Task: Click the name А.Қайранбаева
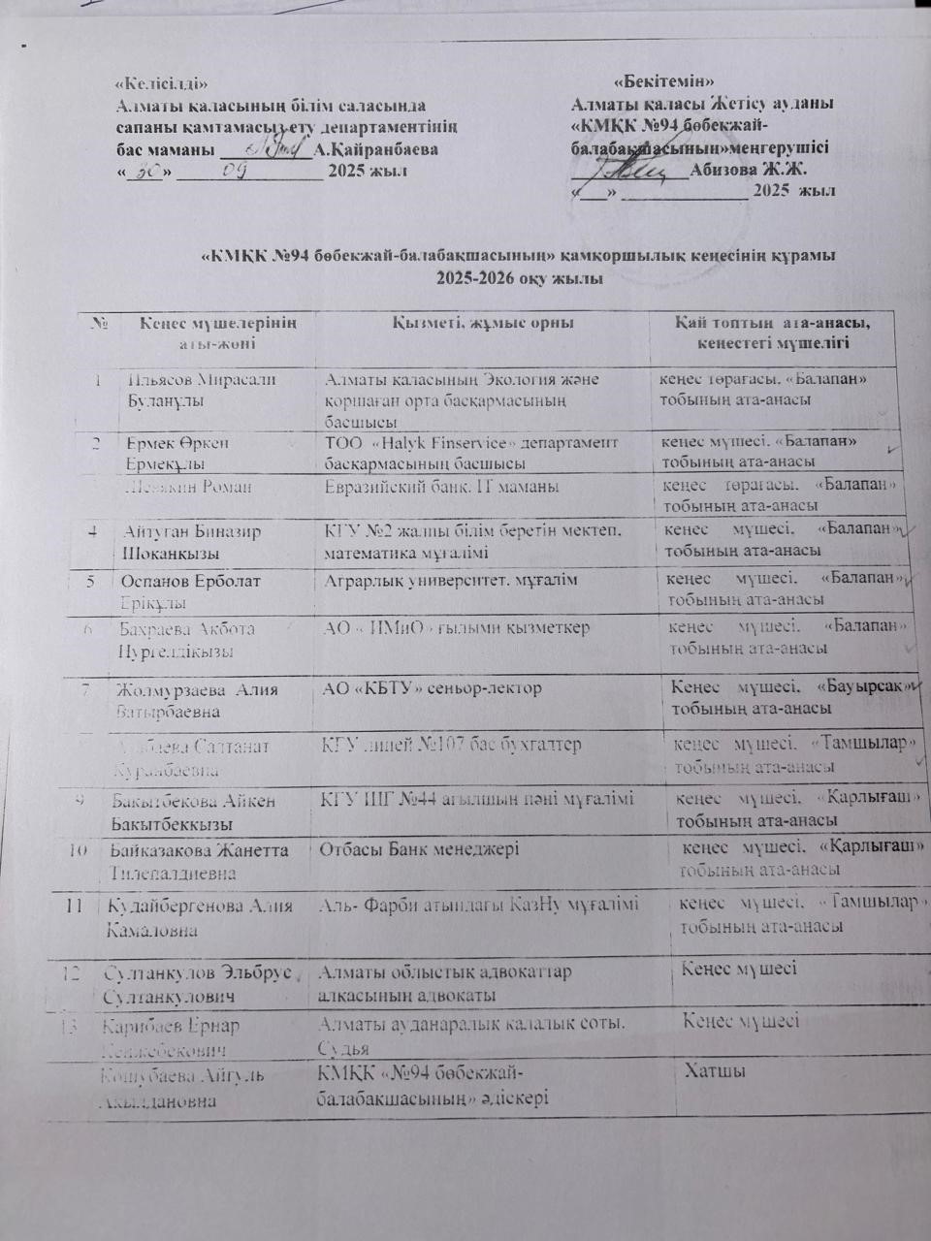coord(376,149)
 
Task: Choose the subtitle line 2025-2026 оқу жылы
coord(519,278)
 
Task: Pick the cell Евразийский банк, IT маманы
coord(441,487)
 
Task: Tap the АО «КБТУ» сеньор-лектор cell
coord(432,688)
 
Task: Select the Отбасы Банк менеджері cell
coord(418,849)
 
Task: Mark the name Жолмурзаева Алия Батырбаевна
coord(195,700)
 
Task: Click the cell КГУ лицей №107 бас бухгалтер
coord(451,745)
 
